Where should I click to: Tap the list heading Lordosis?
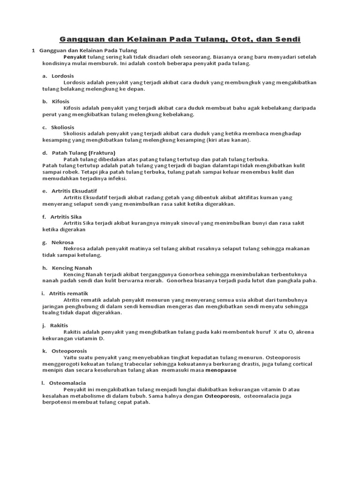click(63, 76)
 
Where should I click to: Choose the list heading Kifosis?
click(60, 101)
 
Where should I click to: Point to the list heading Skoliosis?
click(63, 127)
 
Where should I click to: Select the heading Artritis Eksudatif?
click(74, 191)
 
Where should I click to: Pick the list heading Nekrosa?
click(62, 242)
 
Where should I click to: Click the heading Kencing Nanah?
click(72, 268)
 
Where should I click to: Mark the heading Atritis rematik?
click(68, 293)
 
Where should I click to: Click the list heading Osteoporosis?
click(69, 351)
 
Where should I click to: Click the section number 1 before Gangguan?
click(33, 50)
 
